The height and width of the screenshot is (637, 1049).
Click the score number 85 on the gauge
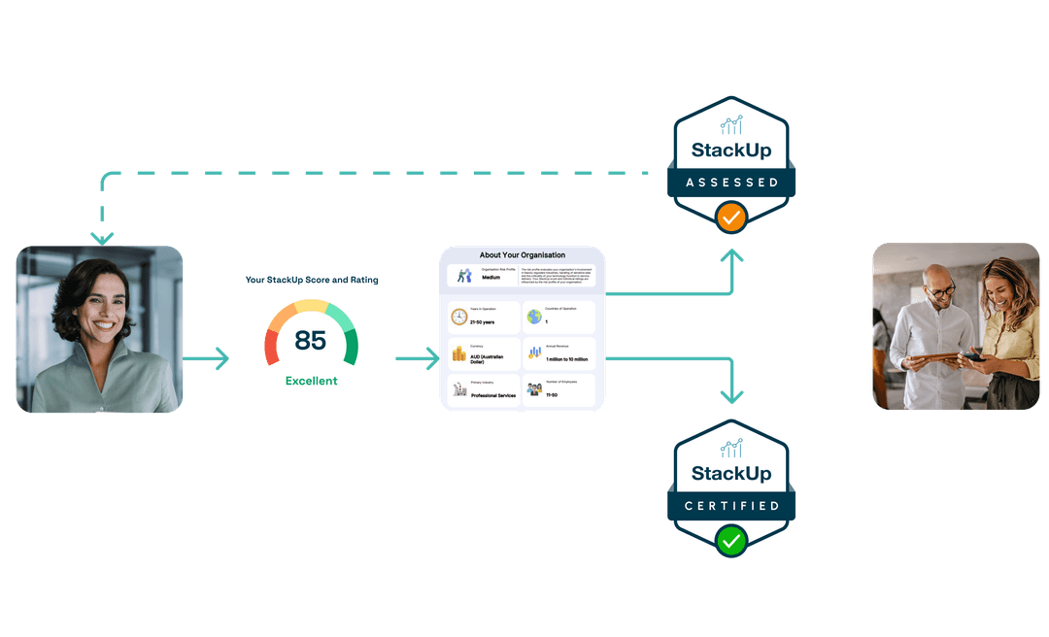click(311, 341)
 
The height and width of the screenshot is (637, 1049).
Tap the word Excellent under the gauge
click(311, 381)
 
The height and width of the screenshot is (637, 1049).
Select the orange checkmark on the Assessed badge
click(730, 217)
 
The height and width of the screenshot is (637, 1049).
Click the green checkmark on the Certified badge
click(730, 540)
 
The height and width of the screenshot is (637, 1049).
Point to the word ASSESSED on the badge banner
click(730, 182)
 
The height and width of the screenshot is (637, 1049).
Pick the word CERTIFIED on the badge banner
click(730, 505)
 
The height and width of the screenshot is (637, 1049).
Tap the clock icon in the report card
click(458, 317)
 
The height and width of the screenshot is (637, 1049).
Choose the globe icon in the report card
click(533, 317)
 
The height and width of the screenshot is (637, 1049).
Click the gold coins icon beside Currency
click(458, 352)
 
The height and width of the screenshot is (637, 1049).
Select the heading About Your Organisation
click(522, 255)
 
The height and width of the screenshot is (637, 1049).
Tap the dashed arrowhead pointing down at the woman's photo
click(101, 237)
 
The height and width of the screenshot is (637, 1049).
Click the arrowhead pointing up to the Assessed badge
click(730, 257)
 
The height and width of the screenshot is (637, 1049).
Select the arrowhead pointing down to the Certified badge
click(730, 395)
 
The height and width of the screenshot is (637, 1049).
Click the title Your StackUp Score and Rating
click(311, 280)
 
